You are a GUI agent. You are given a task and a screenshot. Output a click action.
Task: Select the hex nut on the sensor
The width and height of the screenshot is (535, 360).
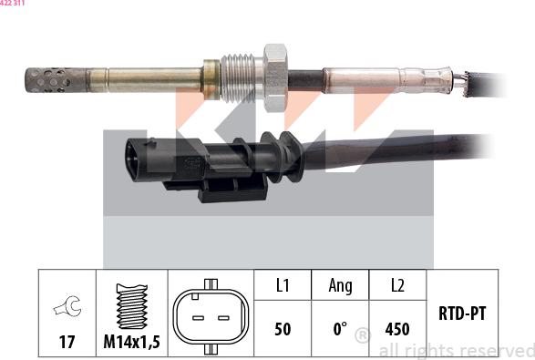pos(275,72)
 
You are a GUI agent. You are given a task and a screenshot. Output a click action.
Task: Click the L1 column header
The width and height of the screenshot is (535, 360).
pos(283,285)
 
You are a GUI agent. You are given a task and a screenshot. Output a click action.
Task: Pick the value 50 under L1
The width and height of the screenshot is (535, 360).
pos(283,328)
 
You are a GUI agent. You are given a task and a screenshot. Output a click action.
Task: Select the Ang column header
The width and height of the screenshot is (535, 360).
pos(340,285)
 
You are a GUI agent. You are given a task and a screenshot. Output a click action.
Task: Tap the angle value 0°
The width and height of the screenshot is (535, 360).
pos(339,328)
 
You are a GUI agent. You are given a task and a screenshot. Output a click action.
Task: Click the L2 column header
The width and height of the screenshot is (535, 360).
pos(397,285)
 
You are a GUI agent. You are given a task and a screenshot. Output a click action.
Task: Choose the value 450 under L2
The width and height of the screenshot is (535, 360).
pos(397,328)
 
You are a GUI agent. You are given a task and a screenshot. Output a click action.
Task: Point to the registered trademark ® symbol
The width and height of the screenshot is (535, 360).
pos(362,336)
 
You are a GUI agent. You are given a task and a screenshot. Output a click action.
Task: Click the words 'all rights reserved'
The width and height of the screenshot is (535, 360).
pos(456,350)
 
